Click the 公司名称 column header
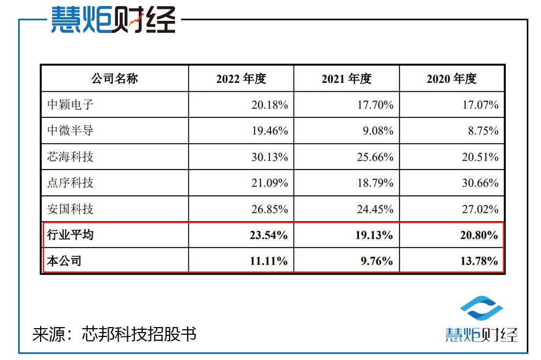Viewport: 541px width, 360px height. click(x=114, y=78)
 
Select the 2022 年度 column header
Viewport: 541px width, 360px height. click(x=241, y=78)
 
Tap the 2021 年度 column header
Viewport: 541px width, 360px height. click(x=346, y=78)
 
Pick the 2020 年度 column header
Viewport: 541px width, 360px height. click(x=452, y=78)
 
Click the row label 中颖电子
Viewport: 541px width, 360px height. click(x=71, y=104)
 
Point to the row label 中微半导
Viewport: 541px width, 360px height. click(x=71, y=131)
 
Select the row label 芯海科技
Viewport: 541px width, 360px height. click(x=71, y=156)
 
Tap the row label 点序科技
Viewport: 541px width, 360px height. click(x=71, y=182)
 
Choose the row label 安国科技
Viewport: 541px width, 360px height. click(x=71, y=209)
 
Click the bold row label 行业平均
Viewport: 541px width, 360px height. click(x=71, y=235)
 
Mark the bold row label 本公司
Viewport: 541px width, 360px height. click(x=65, y=261)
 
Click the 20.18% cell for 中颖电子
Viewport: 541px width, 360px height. click(x=268, y=104)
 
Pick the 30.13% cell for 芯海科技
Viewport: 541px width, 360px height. click(x=268, y=156)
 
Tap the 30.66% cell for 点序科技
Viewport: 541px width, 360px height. click(x=480, y=182)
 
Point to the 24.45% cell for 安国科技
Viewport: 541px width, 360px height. click(x=374, y=209)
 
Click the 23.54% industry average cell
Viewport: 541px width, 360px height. click(x=268, y=235)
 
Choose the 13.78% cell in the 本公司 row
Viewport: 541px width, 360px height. click(x=479, y=261)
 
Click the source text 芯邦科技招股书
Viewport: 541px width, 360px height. click(x=138, y=334)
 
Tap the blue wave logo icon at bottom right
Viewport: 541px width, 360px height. click(x=481, y=311)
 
